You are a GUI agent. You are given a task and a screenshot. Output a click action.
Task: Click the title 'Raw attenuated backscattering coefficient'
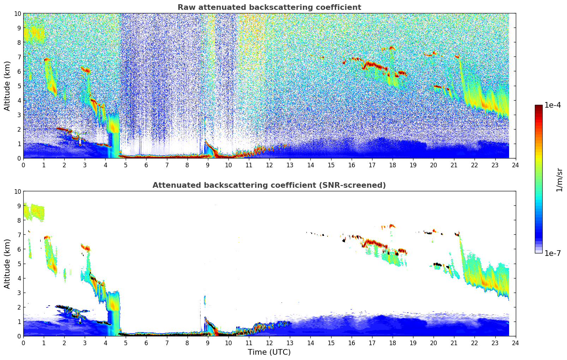(269, 7)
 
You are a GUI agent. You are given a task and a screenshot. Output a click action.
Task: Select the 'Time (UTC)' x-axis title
(269, 352)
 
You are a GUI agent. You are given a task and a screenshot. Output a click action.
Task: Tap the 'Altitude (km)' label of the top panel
(7, 86)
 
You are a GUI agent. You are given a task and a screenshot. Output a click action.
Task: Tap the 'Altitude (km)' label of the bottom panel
(7, 264)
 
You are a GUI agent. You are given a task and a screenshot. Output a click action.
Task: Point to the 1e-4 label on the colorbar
(552, 105)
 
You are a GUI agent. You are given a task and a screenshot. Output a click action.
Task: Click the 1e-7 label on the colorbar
(552, 253)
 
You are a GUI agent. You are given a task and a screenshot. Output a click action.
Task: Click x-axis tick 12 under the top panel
(269, 165)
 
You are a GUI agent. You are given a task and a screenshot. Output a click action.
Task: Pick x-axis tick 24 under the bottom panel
(515, 343)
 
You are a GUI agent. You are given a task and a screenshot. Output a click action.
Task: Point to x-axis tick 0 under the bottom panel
(24, 343)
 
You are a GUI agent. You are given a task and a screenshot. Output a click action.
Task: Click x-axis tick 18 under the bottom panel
(393, 343)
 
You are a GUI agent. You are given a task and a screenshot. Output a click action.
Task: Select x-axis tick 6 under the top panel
(147, 165)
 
